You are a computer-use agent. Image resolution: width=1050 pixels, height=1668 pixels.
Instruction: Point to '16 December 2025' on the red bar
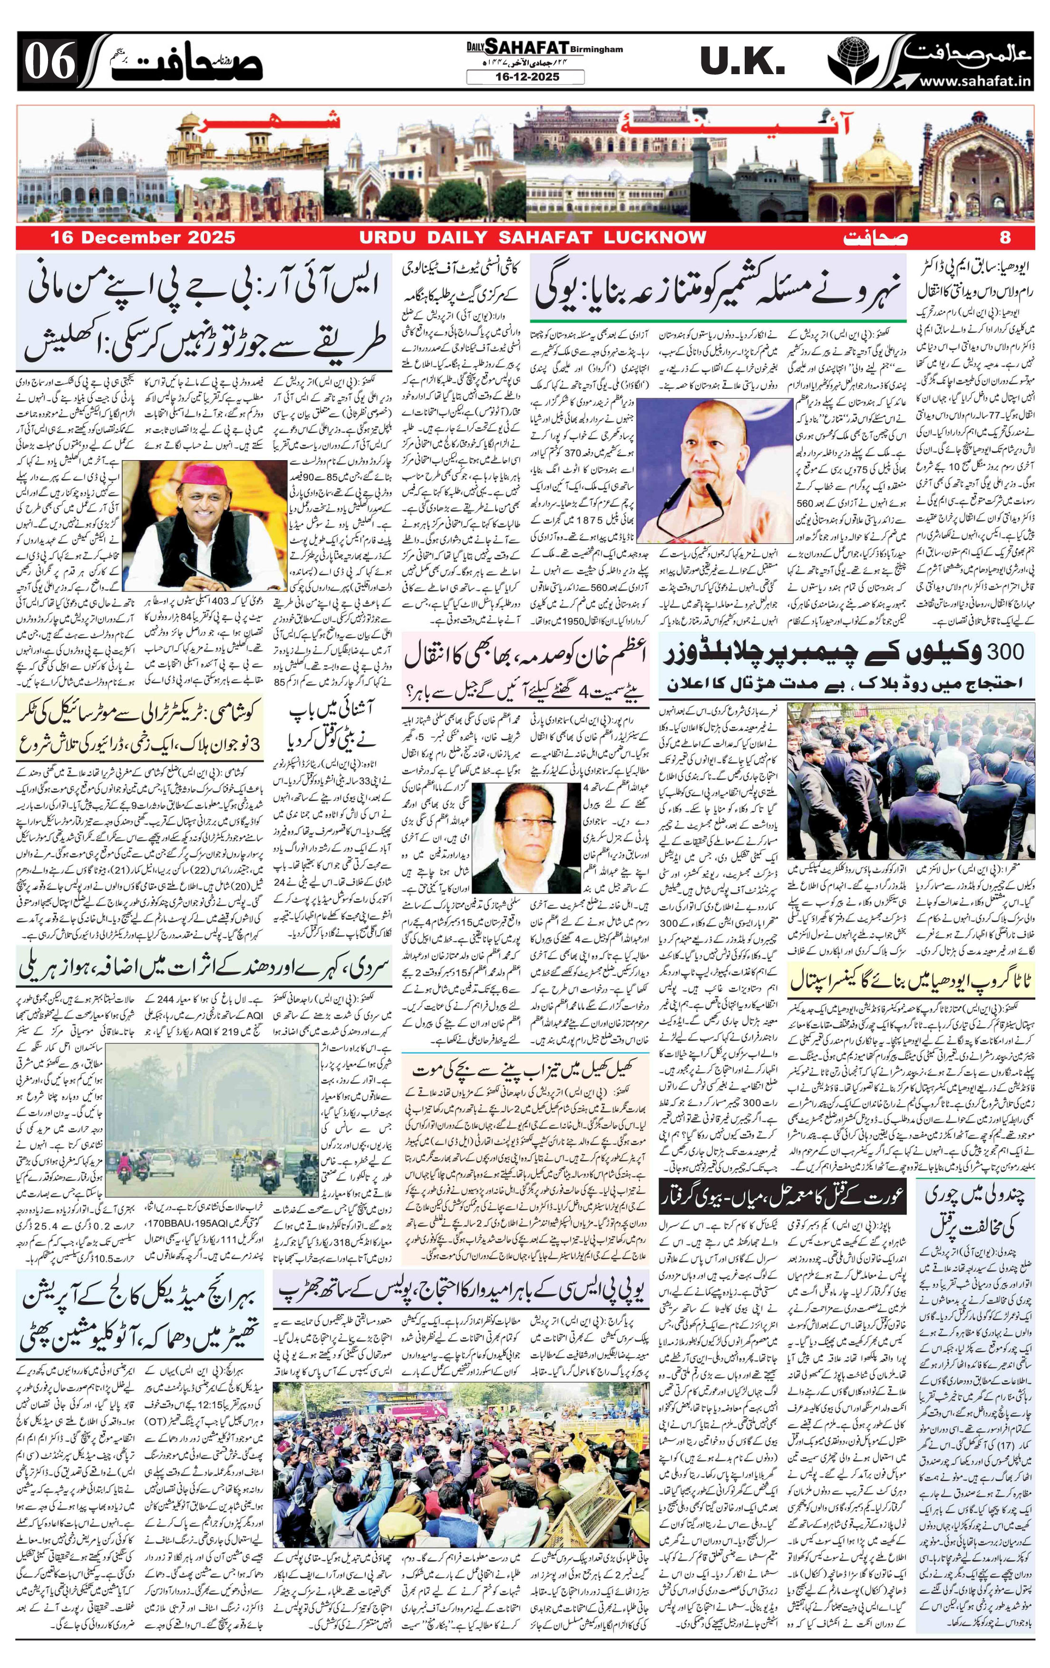pyautogui.click(x=142, y=238)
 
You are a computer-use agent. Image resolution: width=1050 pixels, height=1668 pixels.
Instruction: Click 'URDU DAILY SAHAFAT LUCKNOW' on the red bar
pyautogui.click(x=532, y=238)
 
